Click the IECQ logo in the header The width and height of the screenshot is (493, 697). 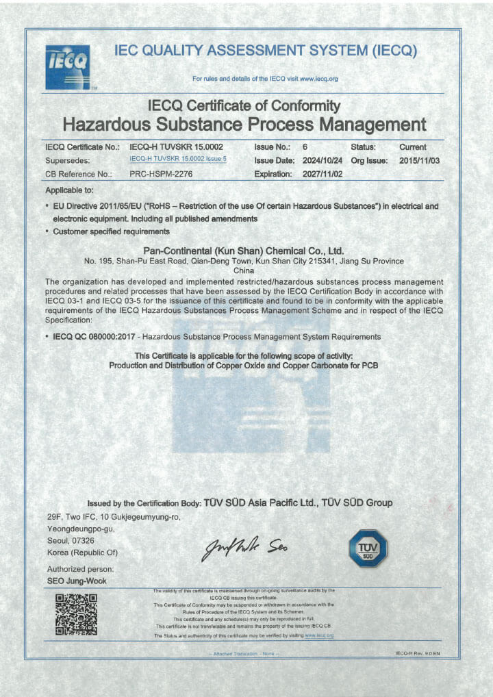click(67, 66)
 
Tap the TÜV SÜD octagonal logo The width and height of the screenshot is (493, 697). click(368, 548)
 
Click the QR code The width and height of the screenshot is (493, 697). click(75, 614)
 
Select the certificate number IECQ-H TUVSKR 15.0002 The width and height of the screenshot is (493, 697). click(176, 147)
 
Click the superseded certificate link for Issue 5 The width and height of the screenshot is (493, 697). click(177, 160)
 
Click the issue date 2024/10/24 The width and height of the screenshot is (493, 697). click(323, 160)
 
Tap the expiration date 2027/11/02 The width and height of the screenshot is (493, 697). click(323, 174)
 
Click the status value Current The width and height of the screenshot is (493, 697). click(412, 147)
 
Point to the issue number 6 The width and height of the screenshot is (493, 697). click(305, 147)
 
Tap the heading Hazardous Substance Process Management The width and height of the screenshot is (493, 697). click(244, 125)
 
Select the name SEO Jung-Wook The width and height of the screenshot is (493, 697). click(76, 581)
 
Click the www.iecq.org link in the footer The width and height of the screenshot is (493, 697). click(319, 635)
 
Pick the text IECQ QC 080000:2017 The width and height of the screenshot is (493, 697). click(94, 337)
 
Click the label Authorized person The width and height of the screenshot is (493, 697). click(80, 569)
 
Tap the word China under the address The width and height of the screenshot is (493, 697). click(244, 270)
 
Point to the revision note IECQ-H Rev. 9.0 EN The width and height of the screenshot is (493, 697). click(417, 653)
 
